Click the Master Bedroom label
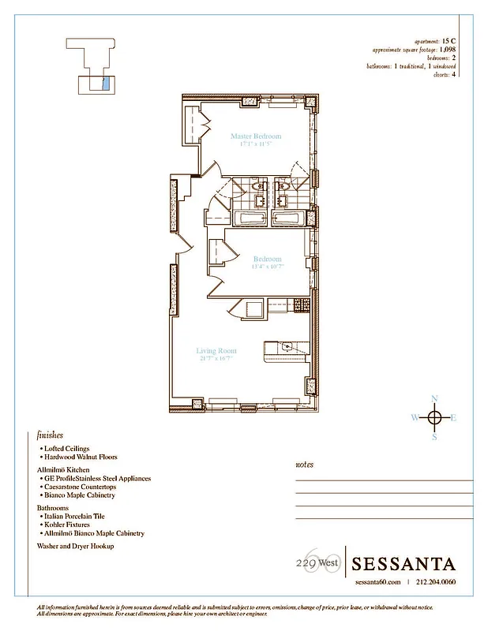(250, 136)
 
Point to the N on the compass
(434, 399)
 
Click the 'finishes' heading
(50, 435)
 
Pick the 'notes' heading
(304, 465)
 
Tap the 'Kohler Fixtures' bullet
(70, 525)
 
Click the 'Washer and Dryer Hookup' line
(75, 546)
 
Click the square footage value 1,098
(448, 49)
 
